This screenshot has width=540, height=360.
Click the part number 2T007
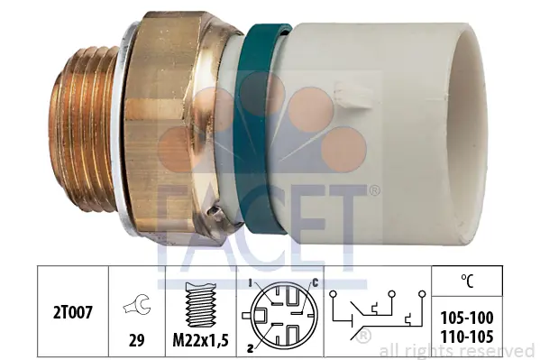(x=73, y=313)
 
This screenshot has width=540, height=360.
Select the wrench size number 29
(x=136, y=340)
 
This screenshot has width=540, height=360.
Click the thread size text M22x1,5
(x=201, y=341)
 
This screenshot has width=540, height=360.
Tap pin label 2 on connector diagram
(x=251, y=348)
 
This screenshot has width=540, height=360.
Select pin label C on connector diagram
(x=316, y=283)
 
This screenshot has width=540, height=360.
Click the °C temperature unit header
(x=467, y=281)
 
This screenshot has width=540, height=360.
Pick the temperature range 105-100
(x=467, y=318)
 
